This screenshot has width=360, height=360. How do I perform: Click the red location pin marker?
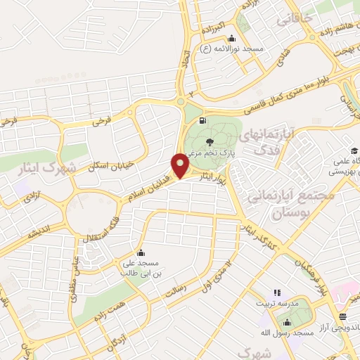pos(181,166)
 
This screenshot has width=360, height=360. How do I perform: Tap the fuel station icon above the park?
pos(203,120)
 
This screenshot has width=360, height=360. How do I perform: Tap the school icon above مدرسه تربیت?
pos(276,291)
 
